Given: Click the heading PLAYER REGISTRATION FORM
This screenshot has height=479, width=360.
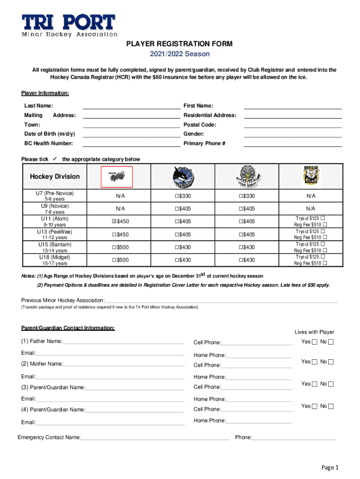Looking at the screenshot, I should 180,44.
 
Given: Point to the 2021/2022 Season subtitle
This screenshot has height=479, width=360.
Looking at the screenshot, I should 180,54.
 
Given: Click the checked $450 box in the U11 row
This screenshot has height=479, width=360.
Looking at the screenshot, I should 114,221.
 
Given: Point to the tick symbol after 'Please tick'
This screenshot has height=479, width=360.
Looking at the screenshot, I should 55,159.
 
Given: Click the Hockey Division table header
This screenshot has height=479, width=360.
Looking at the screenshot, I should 55,177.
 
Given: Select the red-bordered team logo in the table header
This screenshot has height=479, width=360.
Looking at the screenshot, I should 117,177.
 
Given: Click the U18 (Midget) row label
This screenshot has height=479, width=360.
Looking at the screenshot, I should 55,257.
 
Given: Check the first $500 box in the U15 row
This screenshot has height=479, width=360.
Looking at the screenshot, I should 114,247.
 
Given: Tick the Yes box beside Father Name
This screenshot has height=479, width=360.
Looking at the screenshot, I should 315,342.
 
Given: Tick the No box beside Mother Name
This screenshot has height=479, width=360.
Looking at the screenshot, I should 331,362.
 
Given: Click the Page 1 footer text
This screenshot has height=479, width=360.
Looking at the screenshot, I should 329,467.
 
